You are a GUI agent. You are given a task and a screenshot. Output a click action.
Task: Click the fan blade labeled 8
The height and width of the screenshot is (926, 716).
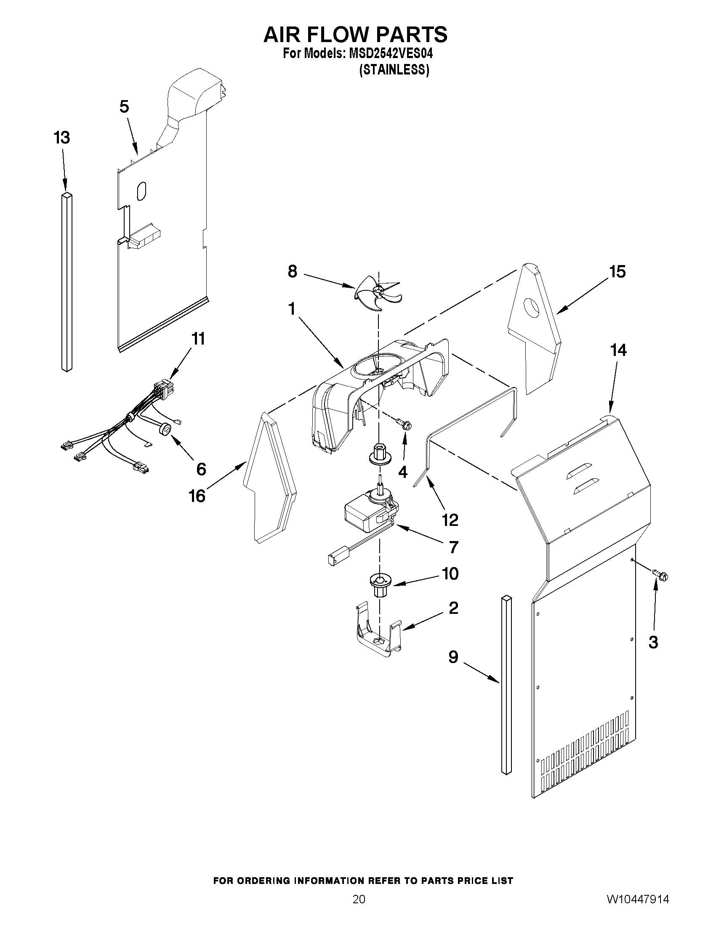377,292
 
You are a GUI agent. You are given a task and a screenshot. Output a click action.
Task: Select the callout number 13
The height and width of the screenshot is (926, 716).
62,138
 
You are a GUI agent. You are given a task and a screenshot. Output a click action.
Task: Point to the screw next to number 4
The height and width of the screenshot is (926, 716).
404,423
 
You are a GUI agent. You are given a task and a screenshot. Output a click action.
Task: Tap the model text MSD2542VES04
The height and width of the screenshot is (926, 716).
390,54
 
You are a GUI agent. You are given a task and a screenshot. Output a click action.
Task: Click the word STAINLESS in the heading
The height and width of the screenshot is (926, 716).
394,70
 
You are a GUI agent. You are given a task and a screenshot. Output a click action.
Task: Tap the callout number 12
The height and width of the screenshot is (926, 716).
450,520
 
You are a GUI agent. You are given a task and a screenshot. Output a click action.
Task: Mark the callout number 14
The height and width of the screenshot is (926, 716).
618,350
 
